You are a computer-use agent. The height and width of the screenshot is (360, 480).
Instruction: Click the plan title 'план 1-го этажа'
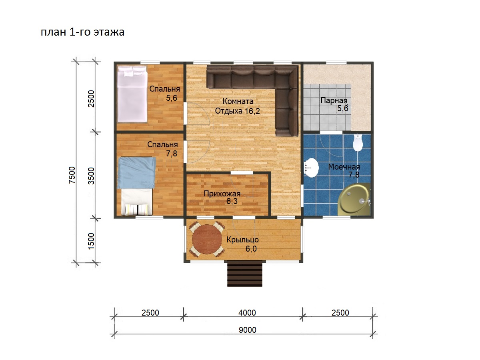[x=82, y=32]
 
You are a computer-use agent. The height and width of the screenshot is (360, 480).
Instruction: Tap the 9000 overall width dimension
[x=247, y=330]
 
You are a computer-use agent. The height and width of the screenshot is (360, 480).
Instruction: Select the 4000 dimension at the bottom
[x=247, y=312]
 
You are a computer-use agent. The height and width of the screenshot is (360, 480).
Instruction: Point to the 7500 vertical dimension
[x=72, y=175]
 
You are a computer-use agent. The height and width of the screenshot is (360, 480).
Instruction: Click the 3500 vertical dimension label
[x=91, y=176]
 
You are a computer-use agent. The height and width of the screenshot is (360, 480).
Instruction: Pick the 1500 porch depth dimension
[x=91, y=241]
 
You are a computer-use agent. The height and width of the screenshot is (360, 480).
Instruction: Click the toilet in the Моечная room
[x=358, y=143]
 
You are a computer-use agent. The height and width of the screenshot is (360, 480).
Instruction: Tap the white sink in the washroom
[x=311, y=168]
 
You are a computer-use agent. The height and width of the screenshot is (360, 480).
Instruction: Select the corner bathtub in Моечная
[x=354, y=199]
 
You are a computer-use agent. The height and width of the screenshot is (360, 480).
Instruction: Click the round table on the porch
[x=207, y=239]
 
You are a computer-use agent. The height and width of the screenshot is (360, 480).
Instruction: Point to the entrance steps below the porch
[x=245, y=274]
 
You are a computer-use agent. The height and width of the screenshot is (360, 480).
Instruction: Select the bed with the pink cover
[x=132, y=94]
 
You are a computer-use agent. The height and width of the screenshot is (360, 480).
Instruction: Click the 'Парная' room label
[x=334, y=100]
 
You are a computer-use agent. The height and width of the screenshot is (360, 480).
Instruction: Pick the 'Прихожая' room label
[x=222, y=194]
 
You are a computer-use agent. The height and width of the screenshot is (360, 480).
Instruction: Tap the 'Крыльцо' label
[x=242, y=240]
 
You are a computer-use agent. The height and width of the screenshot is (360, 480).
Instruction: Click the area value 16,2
[x=252, y=111]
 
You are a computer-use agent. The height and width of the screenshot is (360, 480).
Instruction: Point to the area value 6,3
[x=232, y=201]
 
